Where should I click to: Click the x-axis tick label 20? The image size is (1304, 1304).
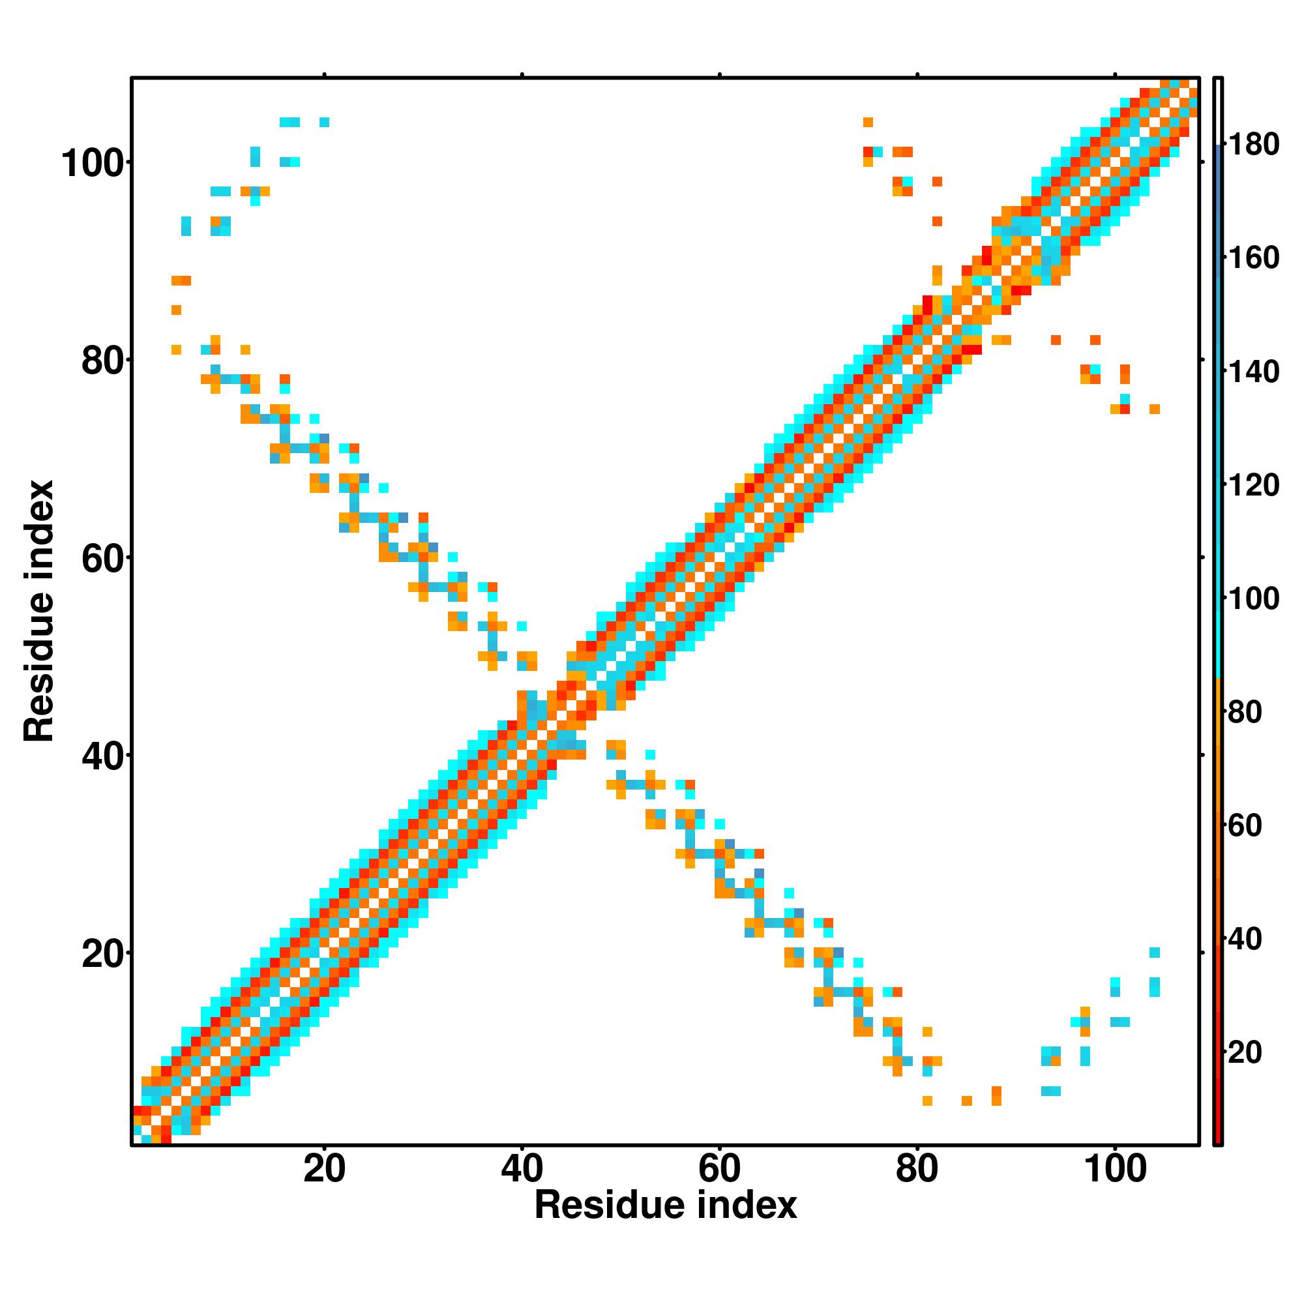[324, 1168]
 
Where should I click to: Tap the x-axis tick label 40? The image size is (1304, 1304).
[522, 1168]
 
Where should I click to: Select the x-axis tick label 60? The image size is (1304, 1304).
[720, 1168]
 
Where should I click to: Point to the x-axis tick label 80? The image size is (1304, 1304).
[917, 1168]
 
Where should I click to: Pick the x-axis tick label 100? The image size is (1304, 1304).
[1115, 1168]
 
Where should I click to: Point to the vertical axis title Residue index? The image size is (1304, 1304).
[39, 610]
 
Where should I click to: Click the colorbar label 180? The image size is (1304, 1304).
[1253, 145]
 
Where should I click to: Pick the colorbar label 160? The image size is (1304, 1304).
[1253, 258]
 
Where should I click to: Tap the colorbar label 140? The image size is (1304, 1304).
[1253, 371]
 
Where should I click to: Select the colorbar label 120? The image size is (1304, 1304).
[1253, 484]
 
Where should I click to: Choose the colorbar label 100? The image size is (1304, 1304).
[1253, 598]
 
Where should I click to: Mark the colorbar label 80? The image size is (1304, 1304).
[1245, 711]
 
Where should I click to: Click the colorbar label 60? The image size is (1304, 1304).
[1245, 825]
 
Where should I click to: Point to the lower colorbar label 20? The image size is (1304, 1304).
[1245, 1052]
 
